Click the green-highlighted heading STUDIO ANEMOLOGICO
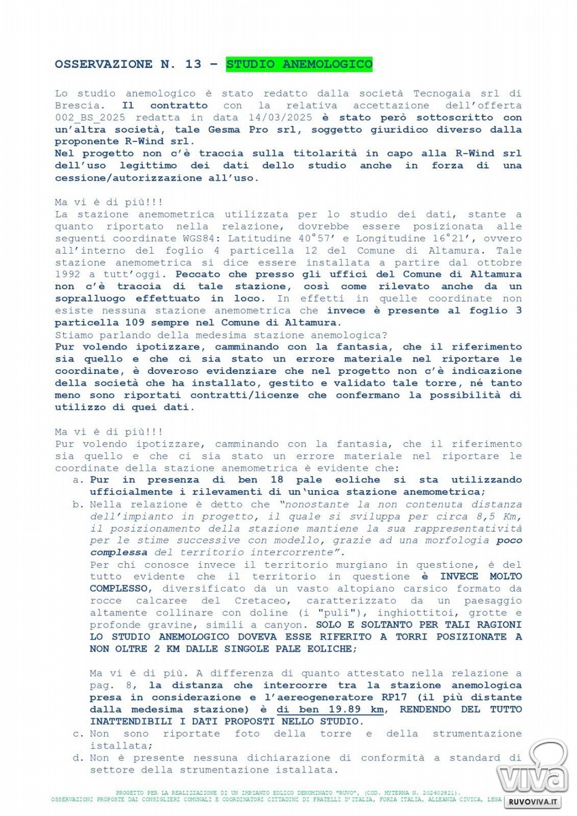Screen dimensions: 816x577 (299, 64)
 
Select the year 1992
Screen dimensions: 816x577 (71, 275)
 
